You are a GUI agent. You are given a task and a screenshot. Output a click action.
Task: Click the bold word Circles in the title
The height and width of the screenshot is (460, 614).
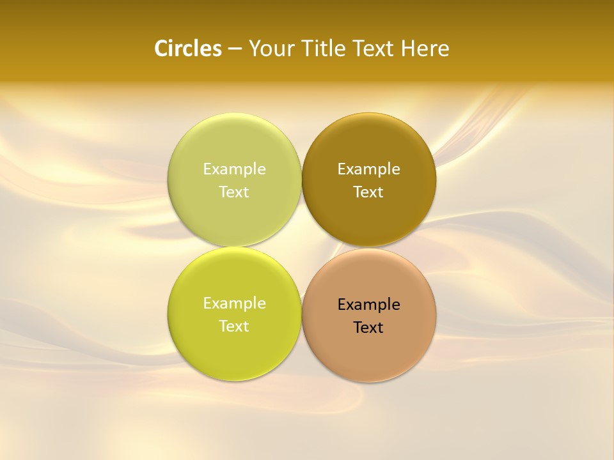(x=188, y=49)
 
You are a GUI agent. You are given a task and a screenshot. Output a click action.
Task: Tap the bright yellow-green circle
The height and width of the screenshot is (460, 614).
(x=234, y=351)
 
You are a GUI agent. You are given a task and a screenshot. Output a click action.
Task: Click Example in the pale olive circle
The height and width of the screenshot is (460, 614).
(x=234, y=169)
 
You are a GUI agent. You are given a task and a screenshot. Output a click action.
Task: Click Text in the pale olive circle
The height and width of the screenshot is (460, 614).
(x=234, y=192)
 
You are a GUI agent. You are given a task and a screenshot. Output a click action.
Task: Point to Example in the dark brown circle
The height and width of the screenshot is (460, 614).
(x=368, y=169)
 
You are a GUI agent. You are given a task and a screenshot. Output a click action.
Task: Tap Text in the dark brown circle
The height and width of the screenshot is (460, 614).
(x=368, y=192)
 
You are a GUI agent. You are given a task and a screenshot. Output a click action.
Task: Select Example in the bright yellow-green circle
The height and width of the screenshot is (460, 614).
(x=234, y=303)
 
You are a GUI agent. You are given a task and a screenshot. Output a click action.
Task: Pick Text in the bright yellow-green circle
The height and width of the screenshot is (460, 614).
(x=234, y=326)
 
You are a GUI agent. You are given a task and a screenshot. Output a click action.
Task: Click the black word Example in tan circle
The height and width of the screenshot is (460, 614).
(x=368, y=304)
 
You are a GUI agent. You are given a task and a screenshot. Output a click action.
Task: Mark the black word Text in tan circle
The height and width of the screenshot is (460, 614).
(x=368, y=327)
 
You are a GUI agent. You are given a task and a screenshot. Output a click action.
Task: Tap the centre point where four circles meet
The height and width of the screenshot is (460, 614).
(x=301, y=247)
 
